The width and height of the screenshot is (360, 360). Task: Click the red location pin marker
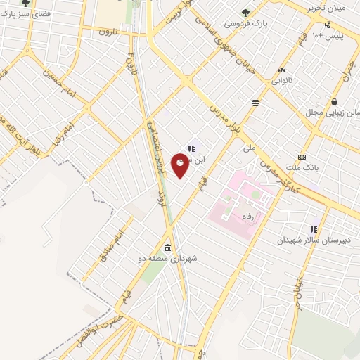[x=181, y=165]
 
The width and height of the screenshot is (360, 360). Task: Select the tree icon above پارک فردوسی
[x=245, y=11]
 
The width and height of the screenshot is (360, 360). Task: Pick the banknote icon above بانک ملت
[x=302, y=157]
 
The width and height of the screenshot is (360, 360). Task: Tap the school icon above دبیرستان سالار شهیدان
[x=314, y=229]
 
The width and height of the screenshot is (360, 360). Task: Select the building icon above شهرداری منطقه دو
[x=167, y=247]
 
